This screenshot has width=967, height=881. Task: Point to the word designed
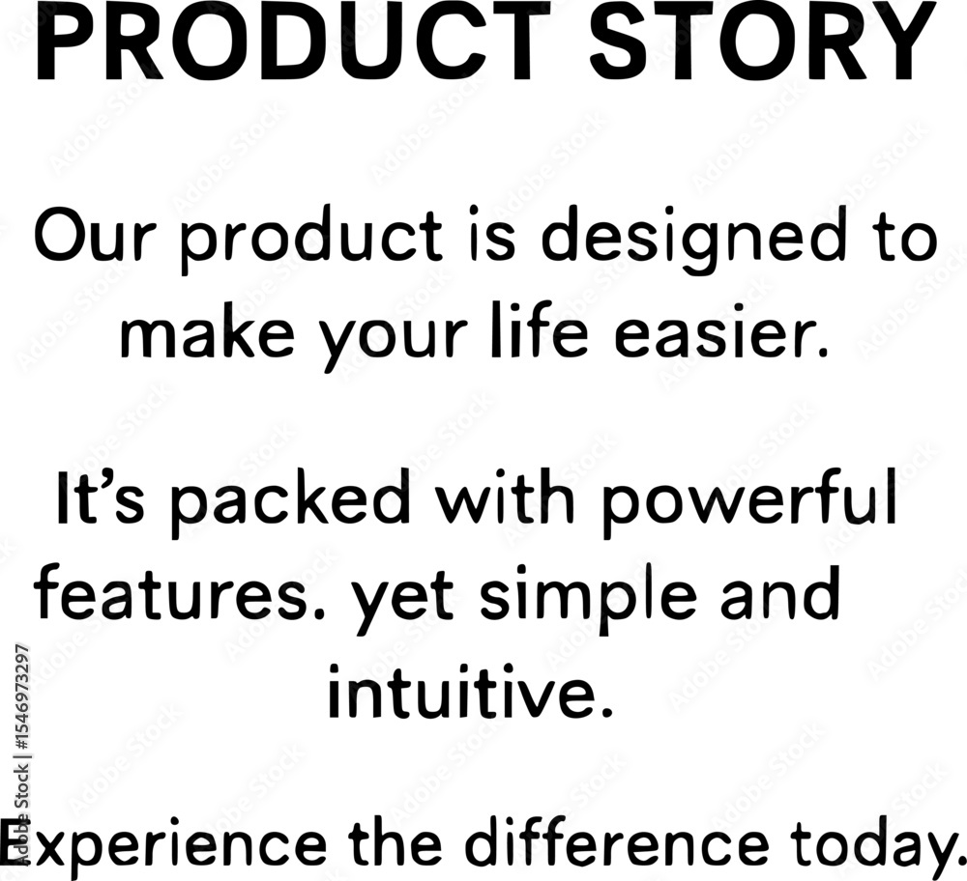point(689,241)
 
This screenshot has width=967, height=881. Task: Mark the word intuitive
point(470,691)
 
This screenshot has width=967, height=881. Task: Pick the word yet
point(401,598)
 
